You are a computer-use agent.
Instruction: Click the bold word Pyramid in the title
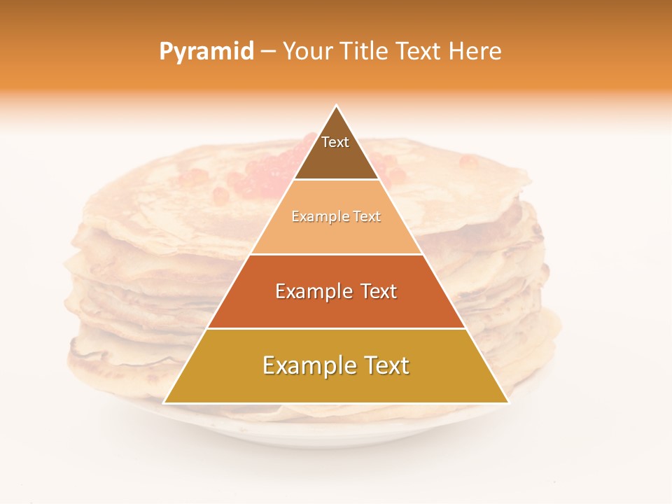tap(206, 51)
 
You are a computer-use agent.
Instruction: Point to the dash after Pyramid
tap(268, 52)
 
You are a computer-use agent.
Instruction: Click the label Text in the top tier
tap(335, 142)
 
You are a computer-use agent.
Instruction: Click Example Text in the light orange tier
tap(336, 217)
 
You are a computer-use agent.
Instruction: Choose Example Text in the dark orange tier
tap(336, 291)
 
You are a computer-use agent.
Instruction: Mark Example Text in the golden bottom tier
tap(336, 365)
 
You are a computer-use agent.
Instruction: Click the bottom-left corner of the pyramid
tap(165, 402)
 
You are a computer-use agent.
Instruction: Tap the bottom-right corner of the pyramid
tap(507, 402)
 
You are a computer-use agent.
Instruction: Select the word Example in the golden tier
tap(302, 365)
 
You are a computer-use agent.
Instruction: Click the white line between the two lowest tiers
tap(336, 328)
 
